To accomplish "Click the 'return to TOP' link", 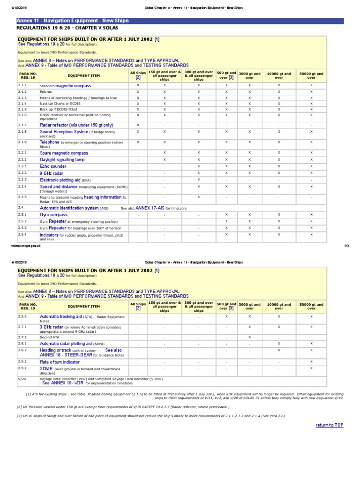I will coord(330,425).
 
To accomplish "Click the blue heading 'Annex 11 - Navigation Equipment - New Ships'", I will coord(72,21).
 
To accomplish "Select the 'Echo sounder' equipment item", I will coord(53,166).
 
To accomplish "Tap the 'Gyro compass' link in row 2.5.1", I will coord(53,215).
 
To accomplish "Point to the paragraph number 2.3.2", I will coord(22,173).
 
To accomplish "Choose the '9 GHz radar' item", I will coord(52,173).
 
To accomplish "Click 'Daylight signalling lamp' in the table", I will coord(62,160).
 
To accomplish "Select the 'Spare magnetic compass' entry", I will coord(64,153).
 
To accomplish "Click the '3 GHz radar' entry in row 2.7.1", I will coord(52,327).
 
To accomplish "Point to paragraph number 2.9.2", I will coord(22,368).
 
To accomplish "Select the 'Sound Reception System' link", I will coord(64,132).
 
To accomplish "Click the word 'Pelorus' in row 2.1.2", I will coord(46,92).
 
